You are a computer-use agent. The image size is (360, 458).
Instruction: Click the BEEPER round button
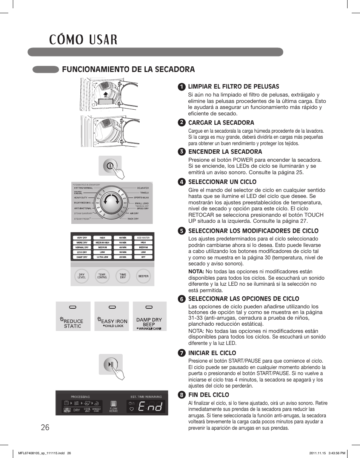click(143, 276)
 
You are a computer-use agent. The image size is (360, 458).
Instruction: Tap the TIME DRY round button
click(123, 276)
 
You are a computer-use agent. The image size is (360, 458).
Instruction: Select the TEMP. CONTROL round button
click(102, 276)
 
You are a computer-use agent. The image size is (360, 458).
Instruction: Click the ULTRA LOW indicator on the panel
click(103, 257)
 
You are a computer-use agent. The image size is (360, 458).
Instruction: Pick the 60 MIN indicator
click(123, 238)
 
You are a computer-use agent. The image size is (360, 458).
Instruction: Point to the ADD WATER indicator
click(143, 238)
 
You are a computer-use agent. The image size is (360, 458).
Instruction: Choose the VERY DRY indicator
click(82, 238)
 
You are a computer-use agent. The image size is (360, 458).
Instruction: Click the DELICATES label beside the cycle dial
click(142, 188)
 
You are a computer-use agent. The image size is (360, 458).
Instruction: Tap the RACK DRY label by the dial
click(133, 219)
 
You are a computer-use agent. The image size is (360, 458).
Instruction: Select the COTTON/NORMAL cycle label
click(83, 188)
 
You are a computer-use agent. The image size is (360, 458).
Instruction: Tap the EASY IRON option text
click(114, 321)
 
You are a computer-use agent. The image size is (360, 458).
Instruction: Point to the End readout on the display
click(150, 406)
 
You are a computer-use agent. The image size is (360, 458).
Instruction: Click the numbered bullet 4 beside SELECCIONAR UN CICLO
click(182, 182)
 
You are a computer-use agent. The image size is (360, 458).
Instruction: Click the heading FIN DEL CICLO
click(209, 395)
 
